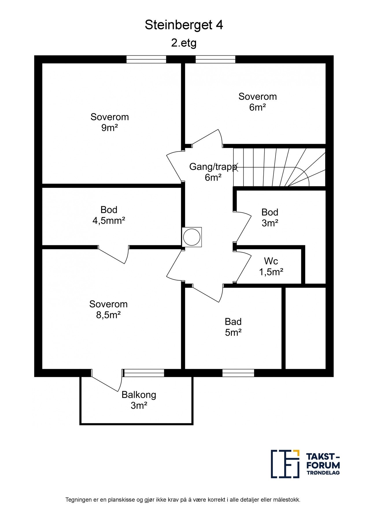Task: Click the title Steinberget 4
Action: tap(184, 25)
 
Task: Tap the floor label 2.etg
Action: tap(184, 43)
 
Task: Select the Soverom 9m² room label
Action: tap(110, 122)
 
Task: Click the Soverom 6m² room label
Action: tap(258, 102)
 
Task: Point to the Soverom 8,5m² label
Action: tap(108, 309)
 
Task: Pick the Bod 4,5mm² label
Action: tap(109, 215)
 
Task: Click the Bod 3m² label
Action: tap(270, 218)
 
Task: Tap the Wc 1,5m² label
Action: tap(271, 266)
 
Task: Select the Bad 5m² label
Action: tap(233, 327)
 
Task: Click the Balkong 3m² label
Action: tap(139, 400)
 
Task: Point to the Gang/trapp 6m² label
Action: tap(213, 172)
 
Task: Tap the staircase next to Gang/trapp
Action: tap(279, 167)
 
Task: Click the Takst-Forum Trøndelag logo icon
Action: tap(285, 468)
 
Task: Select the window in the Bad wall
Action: tap(238, 373)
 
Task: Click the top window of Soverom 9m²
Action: tap(146, 59)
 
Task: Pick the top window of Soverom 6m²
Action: tap(215, 59)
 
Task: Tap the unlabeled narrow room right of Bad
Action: tap(306, 328)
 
